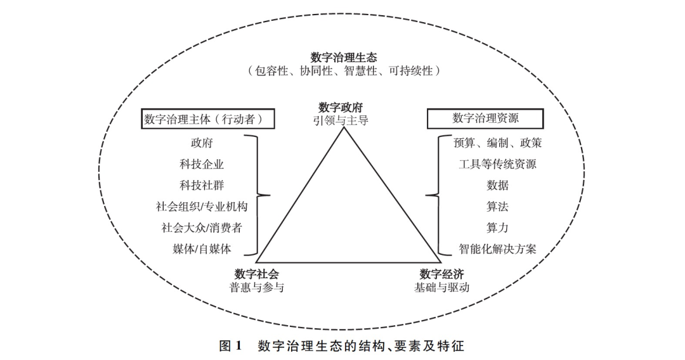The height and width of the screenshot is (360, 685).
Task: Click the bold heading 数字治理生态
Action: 344,57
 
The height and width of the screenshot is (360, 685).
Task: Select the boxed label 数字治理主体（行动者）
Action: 208,119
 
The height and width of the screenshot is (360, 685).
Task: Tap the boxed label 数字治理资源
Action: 485,119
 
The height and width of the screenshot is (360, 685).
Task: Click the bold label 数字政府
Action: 341,107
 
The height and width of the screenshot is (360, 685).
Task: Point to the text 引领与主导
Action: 341,120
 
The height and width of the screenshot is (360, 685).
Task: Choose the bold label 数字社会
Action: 257,274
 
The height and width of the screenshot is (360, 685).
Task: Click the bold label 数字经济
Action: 442,274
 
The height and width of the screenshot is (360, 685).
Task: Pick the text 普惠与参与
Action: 257,287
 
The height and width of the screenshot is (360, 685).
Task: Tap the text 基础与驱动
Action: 442,287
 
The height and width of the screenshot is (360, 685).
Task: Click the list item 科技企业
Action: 202,164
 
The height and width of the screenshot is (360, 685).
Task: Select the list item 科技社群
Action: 202,186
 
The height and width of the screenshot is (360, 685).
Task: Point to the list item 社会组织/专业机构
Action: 202,207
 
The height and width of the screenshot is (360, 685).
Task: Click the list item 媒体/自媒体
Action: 202,249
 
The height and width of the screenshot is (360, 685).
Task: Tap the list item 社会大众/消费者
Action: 202,228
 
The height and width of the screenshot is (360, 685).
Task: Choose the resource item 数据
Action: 498,186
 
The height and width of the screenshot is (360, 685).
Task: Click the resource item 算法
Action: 498,207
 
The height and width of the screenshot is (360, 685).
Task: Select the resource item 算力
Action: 498,228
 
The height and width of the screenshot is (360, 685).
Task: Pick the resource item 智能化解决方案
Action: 498,249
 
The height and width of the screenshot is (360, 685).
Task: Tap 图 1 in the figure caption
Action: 230,346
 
